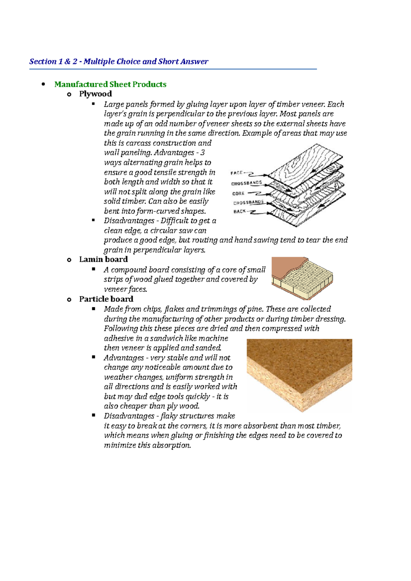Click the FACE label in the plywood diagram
pos(237,173)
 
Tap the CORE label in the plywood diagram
pos(238,193)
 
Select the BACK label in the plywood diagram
pos(239,211)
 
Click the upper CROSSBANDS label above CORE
pos(246,183)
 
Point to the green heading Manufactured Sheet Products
pos(110,84)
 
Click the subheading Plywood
pos(95,94)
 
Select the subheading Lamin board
pos(103,259)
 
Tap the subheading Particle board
pos(106,299)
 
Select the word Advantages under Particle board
pos(124,358)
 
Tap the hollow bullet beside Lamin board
pos(69,260)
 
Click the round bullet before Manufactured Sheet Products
pos(43,84)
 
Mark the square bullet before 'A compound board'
pos(94,269)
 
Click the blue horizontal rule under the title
pos(173,69)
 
